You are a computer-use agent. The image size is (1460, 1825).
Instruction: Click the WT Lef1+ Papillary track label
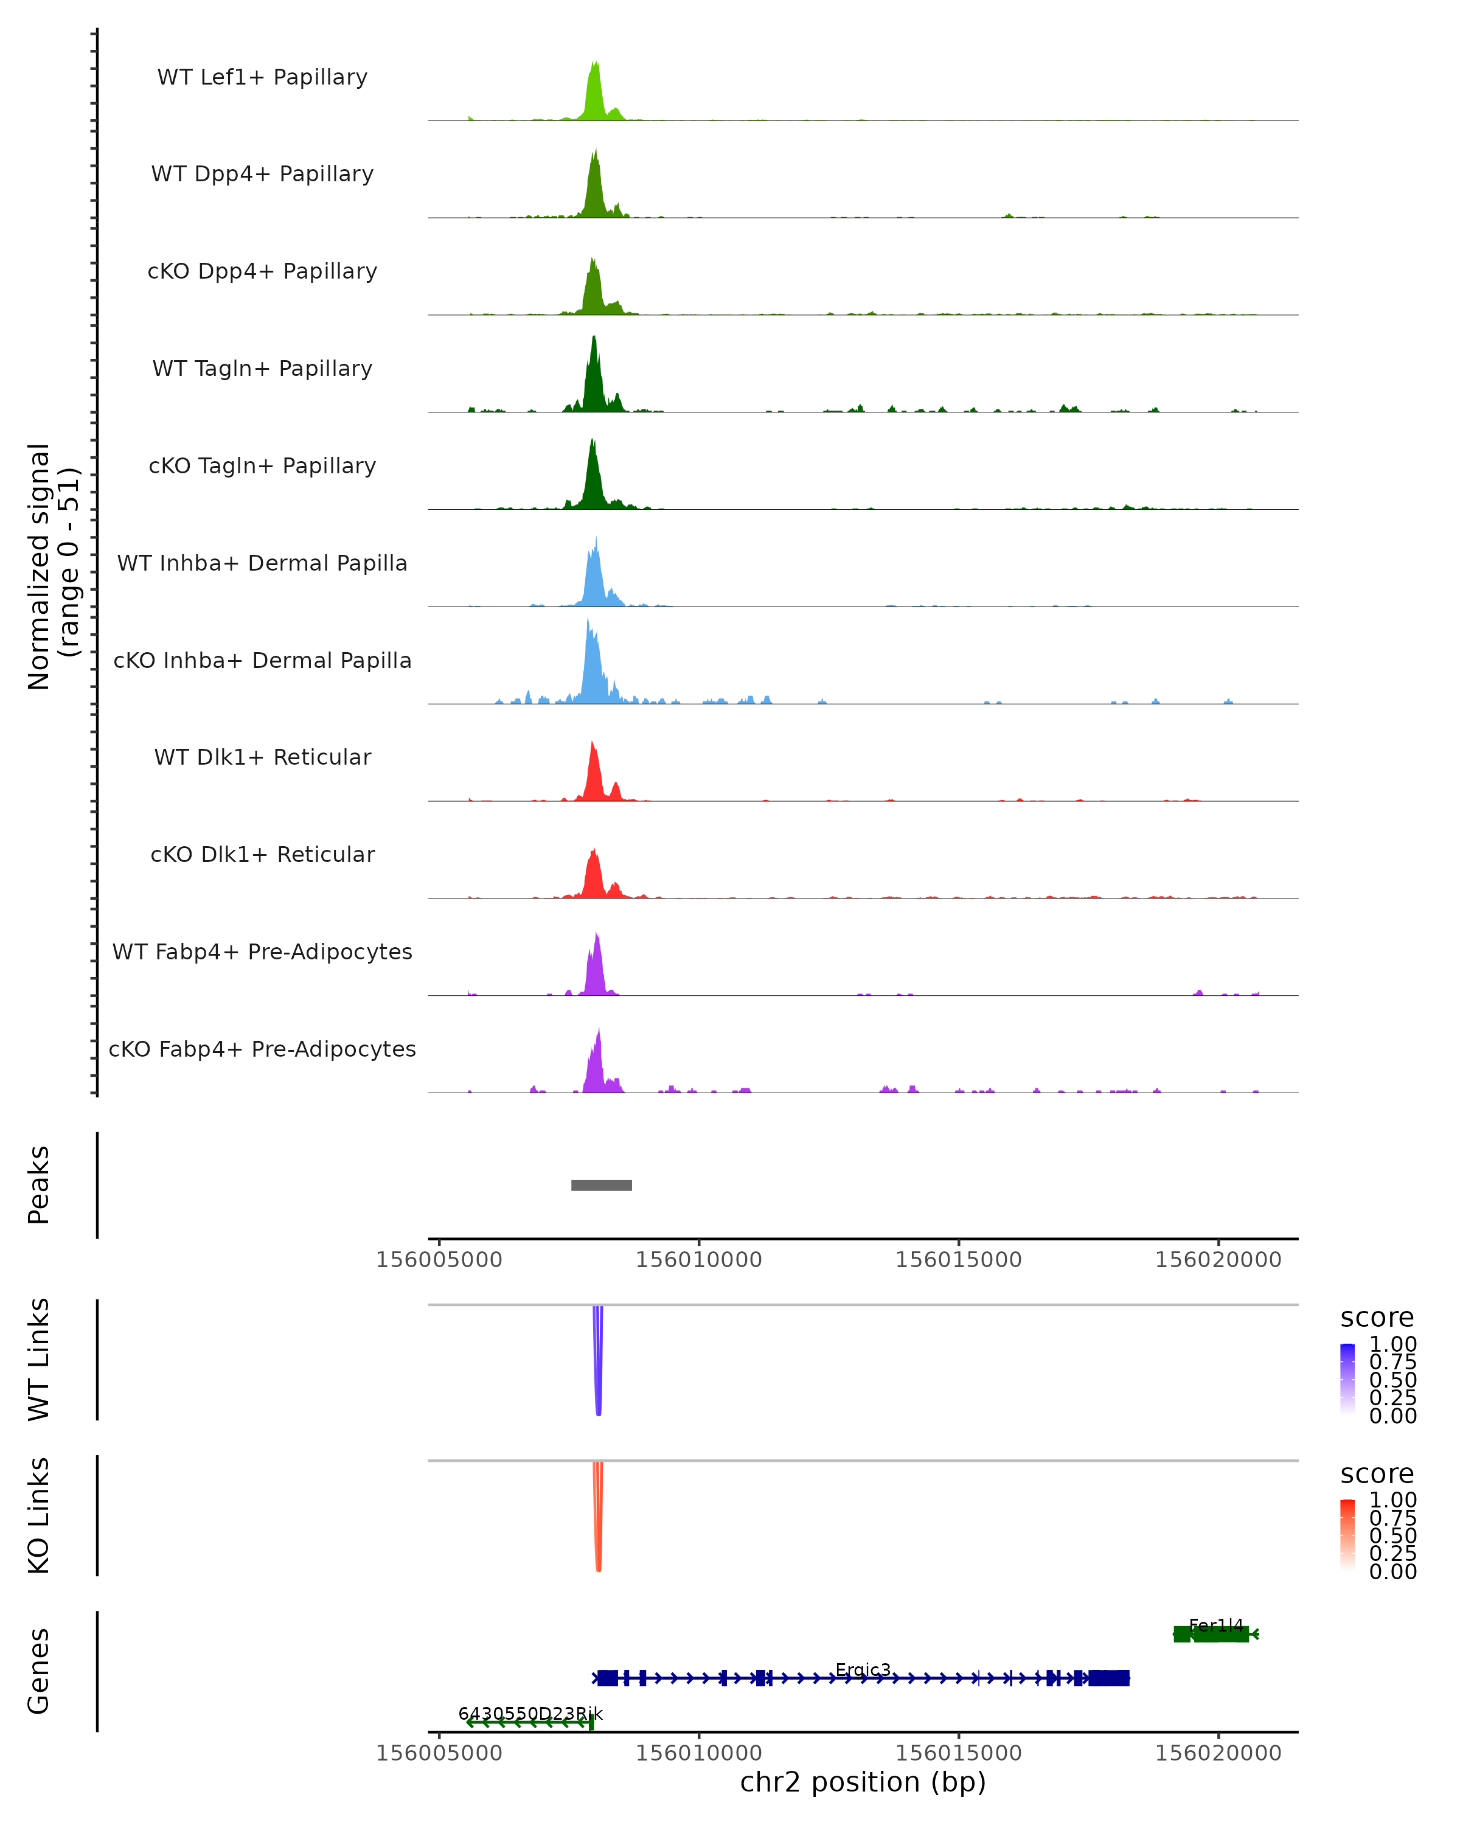click(262, 77)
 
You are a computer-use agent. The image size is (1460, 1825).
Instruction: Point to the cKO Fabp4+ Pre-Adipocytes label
click(262, 1049)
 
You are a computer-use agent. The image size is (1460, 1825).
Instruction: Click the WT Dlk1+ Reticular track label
click(262, 757)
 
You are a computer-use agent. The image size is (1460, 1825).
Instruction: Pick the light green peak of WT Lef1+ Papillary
click(595, 93)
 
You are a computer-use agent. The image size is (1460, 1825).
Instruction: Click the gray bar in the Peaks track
click(601, 1185)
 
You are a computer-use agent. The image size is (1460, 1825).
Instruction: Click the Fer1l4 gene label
click(1215, 1625)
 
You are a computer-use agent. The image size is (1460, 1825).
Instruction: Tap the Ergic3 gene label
click(863, 1670)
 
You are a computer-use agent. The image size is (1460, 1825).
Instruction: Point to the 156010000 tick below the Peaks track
click(699, 1260)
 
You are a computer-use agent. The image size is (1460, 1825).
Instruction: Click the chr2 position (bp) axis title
click(863, 1782)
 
